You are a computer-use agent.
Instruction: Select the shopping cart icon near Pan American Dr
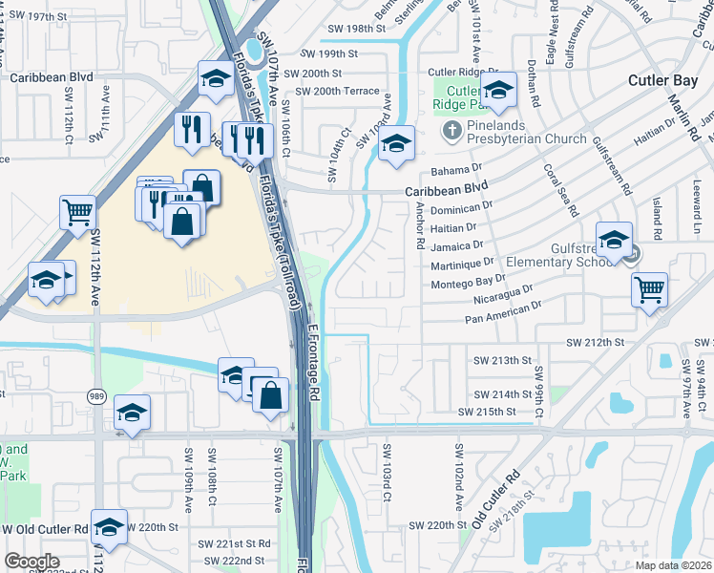(649, 288)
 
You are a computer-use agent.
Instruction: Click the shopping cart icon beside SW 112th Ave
(77, 212)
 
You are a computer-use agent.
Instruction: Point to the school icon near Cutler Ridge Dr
(497, 92)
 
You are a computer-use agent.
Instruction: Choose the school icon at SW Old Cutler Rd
(109, 529)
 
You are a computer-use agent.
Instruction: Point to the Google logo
(31, 562)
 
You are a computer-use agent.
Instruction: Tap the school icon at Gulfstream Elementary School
(614, 239)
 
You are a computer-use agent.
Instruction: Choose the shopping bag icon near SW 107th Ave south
(271, 394)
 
